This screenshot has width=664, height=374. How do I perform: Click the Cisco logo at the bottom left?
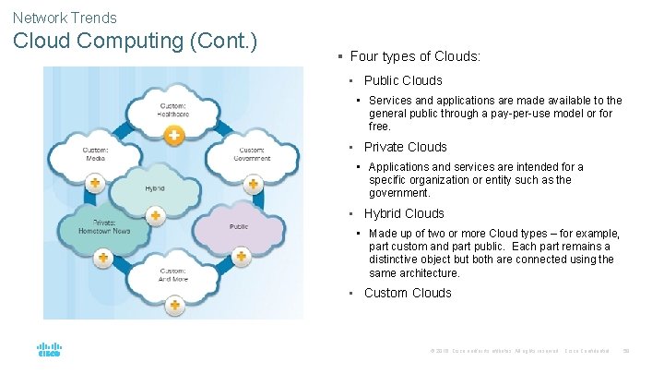[x=48, y=350]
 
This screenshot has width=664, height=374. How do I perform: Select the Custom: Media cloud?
[x=96, y=154]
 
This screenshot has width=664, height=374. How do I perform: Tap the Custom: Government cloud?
[x=251, y=154]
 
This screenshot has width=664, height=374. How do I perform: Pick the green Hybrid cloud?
[x=154, y=188]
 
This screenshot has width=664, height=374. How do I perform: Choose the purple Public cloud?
[x=238, y=225]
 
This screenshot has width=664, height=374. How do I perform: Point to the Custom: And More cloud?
[x=172, y=273]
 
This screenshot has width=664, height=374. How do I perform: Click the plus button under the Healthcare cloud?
[x=172, y=136]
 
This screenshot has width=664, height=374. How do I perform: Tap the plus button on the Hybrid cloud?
[x=156, y=215]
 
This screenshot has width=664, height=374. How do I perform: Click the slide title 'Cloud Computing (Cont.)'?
[x=135, y=42]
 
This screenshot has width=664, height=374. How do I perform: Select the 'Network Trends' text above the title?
[x=65, y=18]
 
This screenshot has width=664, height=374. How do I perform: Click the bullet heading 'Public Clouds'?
[x=403, y=80]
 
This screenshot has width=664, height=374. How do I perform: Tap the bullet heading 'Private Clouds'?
[x=405, y=147]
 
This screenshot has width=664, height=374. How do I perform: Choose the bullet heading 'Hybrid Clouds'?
[x=404, y=213]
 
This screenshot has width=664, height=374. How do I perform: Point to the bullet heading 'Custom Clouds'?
[x=408, y=293]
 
